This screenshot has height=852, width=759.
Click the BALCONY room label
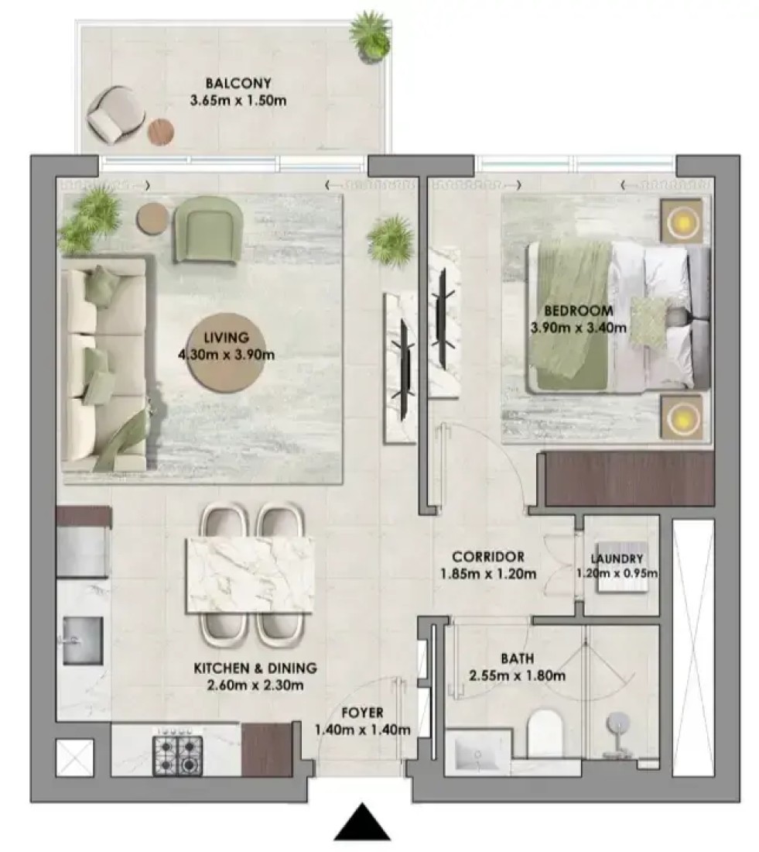238,83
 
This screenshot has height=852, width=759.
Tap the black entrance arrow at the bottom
361,822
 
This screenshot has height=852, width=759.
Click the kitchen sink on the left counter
82,640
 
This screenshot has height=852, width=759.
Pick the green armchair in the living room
208,230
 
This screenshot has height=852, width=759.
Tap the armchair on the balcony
115,114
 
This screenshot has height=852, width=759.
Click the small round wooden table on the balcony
161,132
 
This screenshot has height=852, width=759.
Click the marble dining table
250,575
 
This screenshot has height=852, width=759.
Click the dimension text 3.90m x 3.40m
578,328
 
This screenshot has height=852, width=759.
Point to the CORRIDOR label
488,557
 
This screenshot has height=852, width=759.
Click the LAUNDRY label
617,558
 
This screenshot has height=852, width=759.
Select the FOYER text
362,713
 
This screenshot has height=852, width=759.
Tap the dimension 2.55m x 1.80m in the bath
518,676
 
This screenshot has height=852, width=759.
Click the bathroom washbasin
477,753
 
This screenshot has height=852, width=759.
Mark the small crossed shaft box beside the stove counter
75,757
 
